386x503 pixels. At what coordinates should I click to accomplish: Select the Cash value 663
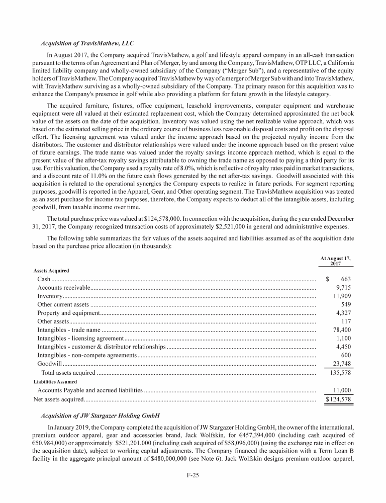pyautogui.click(x=345, y=279)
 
